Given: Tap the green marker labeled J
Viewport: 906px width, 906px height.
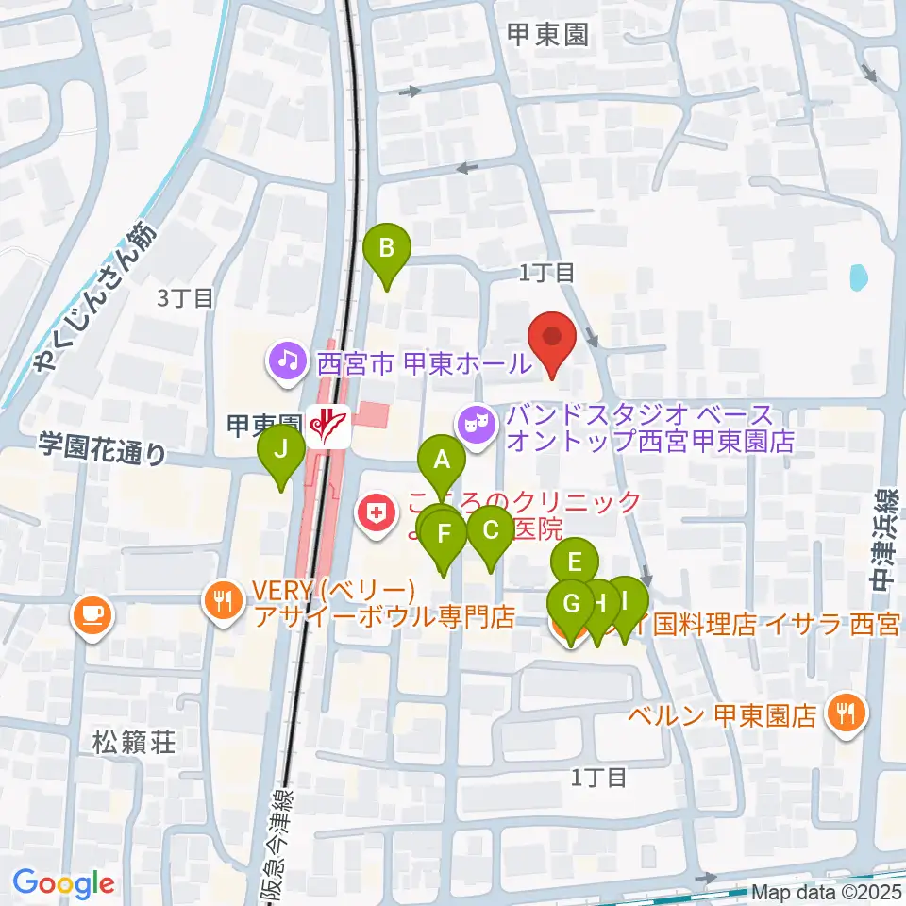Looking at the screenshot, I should (x=281, y=449).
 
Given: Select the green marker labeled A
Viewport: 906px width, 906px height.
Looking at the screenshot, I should (x=441, y=461).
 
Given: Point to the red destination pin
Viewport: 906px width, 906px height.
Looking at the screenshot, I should (x=552, y=337).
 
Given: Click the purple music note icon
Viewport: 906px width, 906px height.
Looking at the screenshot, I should (x=284, y=359).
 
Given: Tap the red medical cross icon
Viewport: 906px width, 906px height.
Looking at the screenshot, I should (x=376, y=514).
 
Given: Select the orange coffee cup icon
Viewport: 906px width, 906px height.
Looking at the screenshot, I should (x=94, y=616).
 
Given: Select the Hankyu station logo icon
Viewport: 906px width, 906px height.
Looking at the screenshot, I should (x=327, y=426).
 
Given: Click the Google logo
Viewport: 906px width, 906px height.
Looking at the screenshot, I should (x=63, y=883).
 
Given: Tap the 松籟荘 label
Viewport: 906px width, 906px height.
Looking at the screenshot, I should (x=134, y=741).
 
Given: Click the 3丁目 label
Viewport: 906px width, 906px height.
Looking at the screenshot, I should (x=185, y=299).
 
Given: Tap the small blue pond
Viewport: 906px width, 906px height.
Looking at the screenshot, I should (x=858, y=277).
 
